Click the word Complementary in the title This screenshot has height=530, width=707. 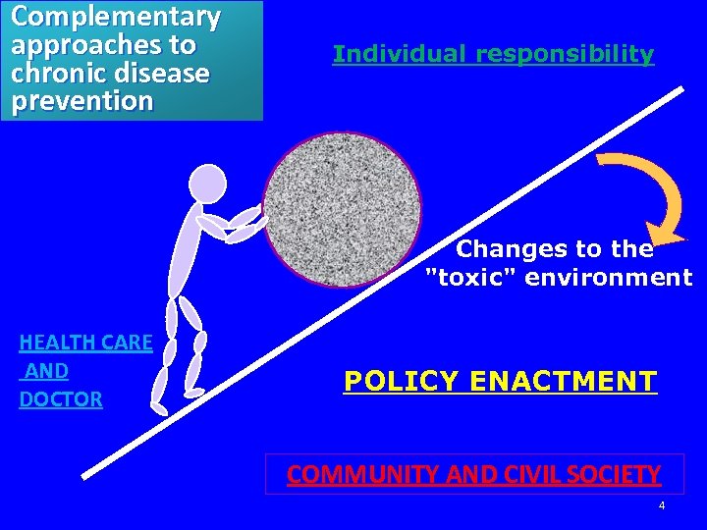coord(115,17)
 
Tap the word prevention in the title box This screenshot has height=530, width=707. coord(82,101)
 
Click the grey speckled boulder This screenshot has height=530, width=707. coord(342,209)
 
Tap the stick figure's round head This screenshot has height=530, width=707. coord(207,184)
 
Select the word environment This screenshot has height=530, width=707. coord(610,278)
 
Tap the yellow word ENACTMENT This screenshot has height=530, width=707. coord(564,381)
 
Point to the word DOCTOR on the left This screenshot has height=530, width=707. coord(61,399)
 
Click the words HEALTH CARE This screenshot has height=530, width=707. coord(85,343)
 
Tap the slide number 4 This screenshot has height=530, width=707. coord(661,506)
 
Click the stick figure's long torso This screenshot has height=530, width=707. coord(185,255)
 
